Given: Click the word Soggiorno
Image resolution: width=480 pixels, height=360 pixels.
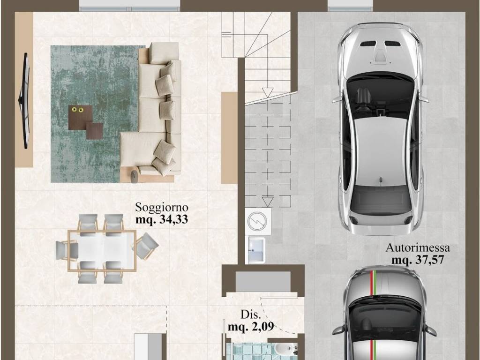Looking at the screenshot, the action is (x=162, y=208).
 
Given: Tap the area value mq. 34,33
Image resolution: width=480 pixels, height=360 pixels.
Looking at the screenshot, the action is (x=162, y=219).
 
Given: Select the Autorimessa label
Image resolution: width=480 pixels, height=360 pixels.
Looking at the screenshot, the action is (x=418, y=247).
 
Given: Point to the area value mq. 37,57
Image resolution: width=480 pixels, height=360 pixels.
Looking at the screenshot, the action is (x=418, y=260).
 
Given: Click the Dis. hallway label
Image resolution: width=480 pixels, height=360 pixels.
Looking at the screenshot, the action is (x=251, y=315).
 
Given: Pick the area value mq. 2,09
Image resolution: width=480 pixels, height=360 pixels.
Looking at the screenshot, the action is (x=251, y=327).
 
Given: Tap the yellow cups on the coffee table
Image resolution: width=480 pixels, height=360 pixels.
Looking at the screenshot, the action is (x=77, y=109).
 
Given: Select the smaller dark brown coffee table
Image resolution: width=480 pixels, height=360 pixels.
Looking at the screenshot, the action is (x=95, y=131).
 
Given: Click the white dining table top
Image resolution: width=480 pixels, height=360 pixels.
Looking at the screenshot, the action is (x=102, y=251).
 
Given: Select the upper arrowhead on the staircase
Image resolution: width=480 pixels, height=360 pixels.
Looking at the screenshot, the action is (x=268, y=93).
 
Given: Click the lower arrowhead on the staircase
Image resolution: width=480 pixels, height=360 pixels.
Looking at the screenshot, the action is (x=268, y=202).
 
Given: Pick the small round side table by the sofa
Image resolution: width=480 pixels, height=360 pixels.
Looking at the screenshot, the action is (x=135, y=174).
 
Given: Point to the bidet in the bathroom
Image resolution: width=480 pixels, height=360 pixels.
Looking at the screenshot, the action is (x=279, y=349).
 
